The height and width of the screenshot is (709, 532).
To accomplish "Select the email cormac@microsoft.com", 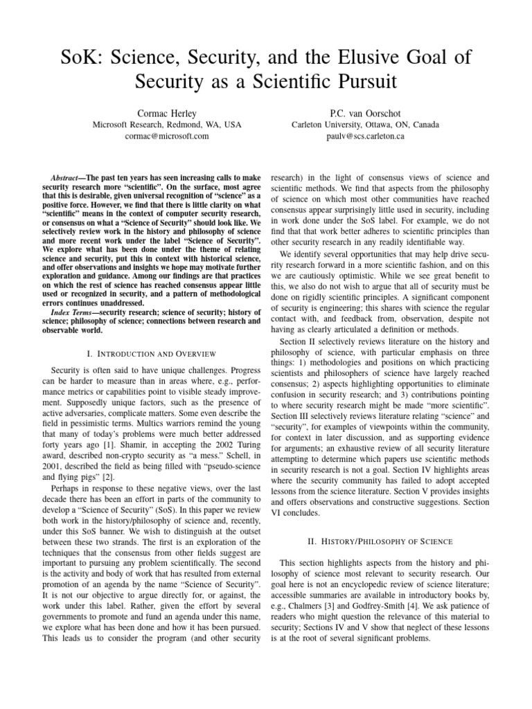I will pyautogui.click(x=157, y=136).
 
